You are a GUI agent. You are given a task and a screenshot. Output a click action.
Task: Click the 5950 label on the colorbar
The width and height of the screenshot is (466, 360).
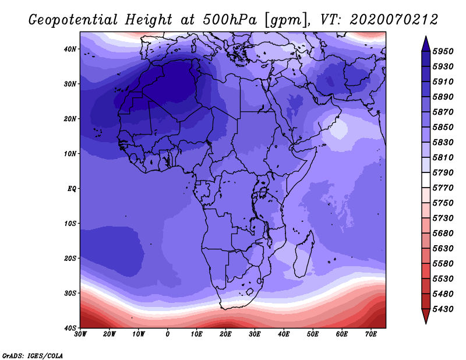tap(443, 51)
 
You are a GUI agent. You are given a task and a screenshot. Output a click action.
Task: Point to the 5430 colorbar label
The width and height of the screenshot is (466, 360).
tap(443, 309)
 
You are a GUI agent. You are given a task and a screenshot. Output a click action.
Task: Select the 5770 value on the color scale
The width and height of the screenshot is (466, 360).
tap(443, 188)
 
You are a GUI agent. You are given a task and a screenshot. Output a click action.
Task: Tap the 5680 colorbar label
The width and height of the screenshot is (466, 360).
tap(443, 234)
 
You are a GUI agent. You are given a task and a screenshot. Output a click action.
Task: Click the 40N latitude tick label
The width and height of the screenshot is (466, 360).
tap(70, 49)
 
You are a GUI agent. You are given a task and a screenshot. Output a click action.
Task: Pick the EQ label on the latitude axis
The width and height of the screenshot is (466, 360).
tap(72, 189)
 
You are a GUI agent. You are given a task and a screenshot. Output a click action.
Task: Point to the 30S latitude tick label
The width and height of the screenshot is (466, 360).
tap(70, 293)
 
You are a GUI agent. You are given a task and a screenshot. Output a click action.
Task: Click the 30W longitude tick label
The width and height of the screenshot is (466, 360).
tap(80, 334)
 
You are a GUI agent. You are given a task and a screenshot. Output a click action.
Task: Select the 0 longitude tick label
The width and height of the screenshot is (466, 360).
tap(168, 334)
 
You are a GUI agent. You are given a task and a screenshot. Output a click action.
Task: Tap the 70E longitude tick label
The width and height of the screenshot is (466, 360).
tap(371, 334)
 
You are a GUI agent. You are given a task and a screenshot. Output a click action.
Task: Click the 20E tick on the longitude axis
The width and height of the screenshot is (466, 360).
tap(225, 334)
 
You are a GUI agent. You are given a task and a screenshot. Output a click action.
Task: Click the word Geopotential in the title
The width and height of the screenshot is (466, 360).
tap(73, 20)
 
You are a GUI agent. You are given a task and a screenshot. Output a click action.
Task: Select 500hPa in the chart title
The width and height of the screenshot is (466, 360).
tap(230, 19)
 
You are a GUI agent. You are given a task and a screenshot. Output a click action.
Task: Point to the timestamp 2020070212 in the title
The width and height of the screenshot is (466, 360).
tap(394, 19)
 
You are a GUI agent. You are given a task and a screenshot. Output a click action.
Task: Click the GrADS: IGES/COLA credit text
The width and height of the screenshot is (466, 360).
tap(33, 356)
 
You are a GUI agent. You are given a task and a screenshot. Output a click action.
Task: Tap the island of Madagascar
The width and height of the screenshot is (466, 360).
tap(304, 253)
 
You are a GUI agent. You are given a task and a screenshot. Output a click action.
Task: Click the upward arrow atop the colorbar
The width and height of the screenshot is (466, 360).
tap(426, 44)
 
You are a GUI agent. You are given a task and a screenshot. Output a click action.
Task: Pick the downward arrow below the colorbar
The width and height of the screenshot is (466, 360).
tap(426, 316)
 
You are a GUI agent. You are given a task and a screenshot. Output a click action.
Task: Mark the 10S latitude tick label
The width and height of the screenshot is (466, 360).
tap(70, 224)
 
